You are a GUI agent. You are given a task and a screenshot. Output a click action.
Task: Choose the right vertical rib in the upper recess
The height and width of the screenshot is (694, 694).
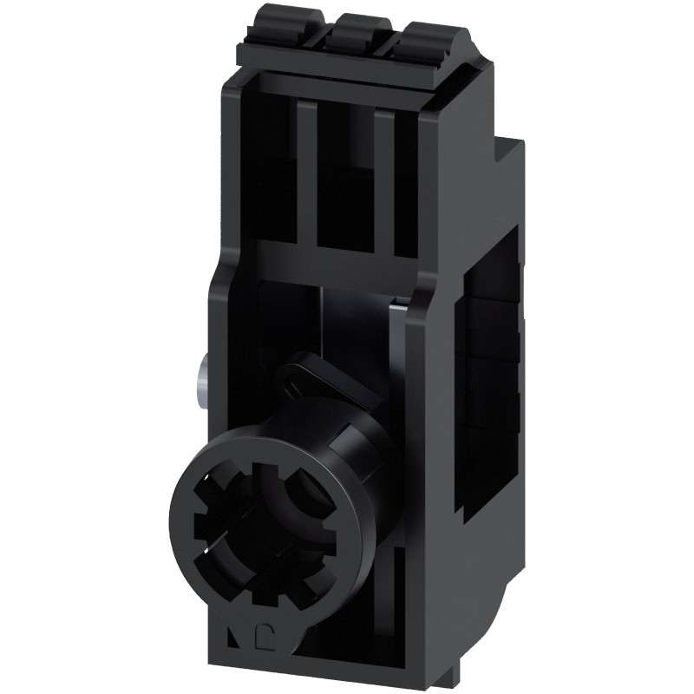tap(387, 182)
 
